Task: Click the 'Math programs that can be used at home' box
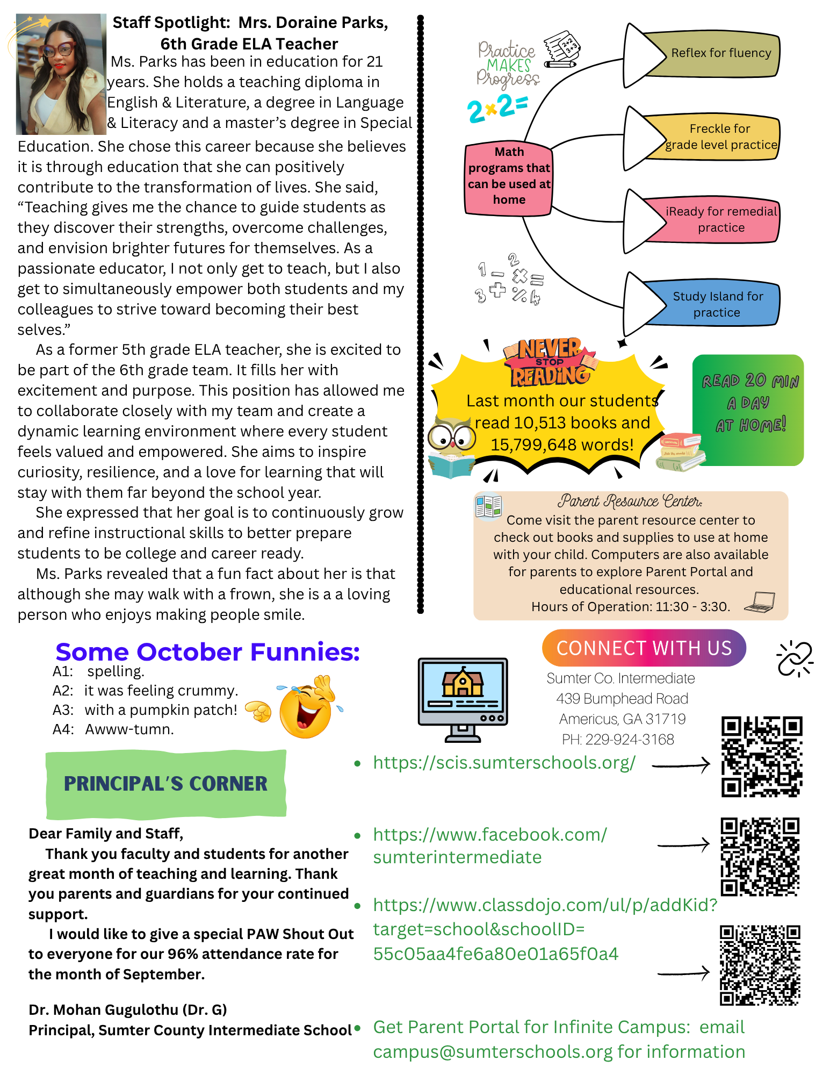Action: click(508, 176)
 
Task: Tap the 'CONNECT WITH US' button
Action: click(644, 648)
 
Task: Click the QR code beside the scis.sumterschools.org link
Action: click(761, 756)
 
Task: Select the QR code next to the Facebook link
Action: click(760, 856)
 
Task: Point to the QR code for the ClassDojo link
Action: click(760, 965)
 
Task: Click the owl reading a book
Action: click(451, 446)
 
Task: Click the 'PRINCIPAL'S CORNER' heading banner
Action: click(165, 784)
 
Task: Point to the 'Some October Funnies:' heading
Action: click(207, 652)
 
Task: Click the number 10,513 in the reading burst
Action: click(537, 423)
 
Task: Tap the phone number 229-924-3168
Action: click(630, 740)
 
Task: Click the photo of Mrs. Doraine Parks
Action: click(61, 74)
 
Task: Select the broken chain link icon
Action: click(795, 658)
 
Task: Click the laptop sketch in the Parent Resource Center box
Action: click(760, 602)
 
